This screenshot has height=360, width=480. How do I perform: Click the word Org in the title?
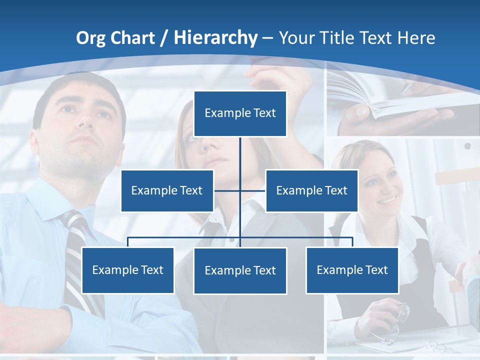pyautogui.click(x=90, y=38)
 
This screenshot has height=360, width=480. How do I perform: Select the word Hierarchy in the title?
pyautogui.click(x=215, y=38)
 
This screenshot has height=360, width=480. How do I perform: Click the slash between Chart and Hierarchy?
pyautogui.click(x=164, y=38)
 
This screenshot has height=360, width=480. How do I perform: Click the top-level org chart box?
pyautogui.click(x=240, y=113)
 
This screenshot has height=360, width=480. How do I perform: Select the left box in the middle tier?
pyautogui.click(x=167, y=190)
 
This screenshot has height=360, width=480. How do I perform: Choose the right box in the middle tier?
pyautogui.click(x=311, y=190)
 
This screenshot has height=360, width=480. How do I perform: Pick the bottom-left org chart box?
pyautogui.click(x=127, y=270)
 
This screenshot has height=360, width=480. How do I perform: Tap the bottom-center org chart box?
pyautogui.click(x=240, y=270)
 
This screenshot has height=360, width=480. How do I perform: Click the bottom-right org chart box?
pyautogui.click(x=352, y=270)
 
